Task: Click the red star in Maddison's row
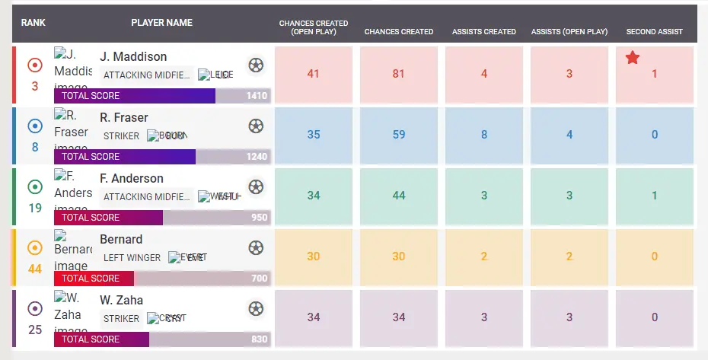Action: (x=632, y=58)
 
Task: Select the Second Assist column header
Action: (x=654, y=32)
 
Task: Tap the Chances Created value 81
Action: (x=399, y=74)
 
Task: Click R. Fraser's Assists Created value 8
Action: (x=484, y=135)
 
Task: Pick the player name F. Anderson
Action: (x=132, y=178)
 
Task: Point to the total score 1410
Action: (x=257, y=96)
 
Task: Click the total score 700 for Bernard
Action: (x=259, y=279)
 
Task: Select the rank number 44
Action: (x=35, y=269)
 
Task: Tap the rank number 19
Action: (x=35, y=208)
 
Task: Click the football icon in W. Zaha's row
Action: (x=257, y=308)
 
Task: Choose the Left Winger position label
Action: (x=132, y=257)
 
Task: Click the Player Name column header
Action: (x=161, y=23)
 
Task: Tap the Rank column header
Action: (x=33, y=23)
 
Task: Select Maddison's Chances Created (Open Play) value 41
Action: (x=314, y=74)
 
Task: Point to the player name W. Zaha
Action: (x=122, y=300)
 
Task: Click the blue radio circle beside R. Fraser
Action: (x=35, y=126)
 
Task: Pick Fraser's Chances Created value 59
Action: (x=399, y=135)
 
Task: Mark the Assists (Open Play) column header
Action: (x=569, y=32)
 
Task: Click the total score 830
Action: (x=259, y=339)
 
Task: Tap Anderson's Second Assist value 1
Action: (x=655, y=196)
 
